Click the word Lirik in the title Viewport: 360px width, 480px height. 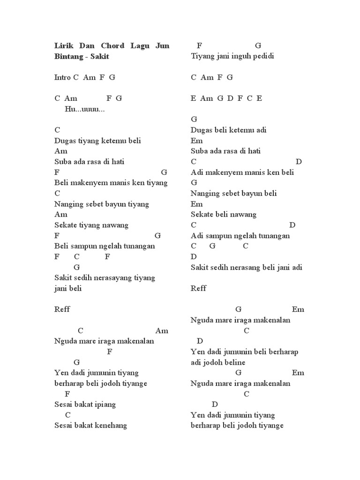point(63,46)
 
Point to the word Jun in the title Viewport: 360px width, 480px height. point(162,46)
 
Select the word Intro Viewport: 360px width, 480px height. point(63,77)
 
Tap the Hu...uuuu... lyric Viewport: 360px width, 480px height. point(84,109)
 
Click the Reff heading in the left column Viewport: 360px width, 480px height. point(62,309)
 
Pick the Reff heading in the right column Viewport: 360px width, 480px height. point(199,288)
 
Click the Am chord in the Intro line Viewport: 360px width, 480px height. point(89,77)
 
